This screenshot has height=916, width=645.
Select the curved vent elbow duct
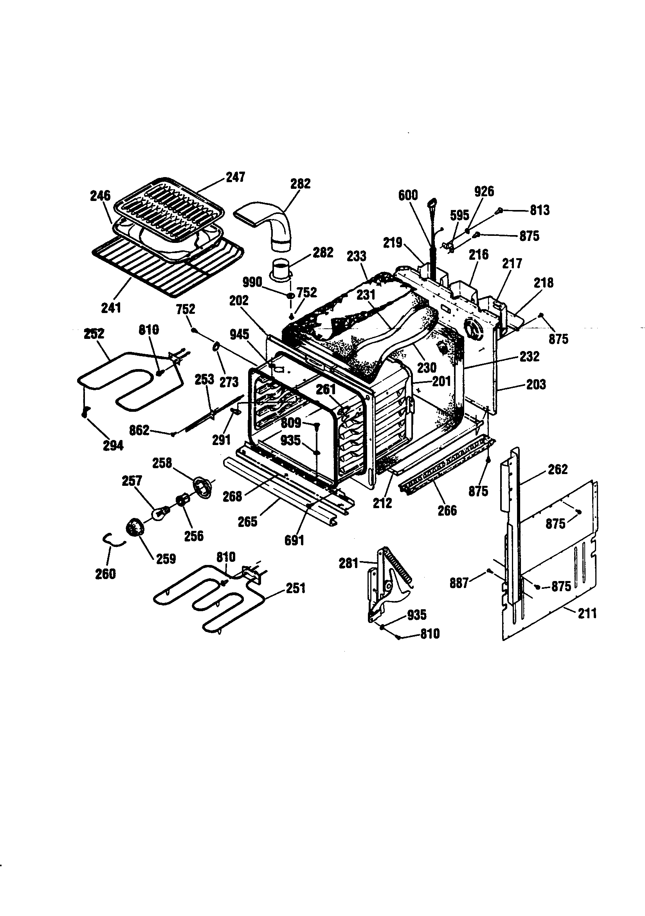pyautogui.click(x=271, y=223)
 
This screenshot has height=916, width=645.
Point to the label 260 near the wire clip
pyautogui.click(x=105, y=574)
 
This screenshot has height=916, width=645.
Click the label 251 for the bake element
pyautogui.click(x=295, y=588)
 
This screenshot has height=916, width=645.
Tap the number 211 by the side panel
pyautogui.click(x=587, y=613)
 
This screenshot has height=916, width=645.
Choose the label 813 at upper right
pyautogui.click(x=539, y=210)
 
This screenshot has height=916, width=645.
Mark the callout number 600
pyautogui.click(x=408, y=195)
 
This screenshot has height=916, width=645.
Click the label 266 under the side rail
pyautogui.click(x=447, y=510)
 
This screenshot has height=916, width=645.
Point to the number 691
pyautogui.click(x=294, y=541)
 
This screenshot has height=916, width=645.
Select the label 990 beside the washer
pyautogui.click(x=253, y=282)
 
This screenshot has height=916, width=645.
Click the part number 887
pyautogui.click(x=459, y=583)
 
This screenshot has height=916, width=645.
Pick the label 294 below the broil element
pyautogui.click(x=113, y=445)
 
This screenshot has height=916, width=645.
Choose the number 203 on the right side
pyautogui.click(x=536, y=385)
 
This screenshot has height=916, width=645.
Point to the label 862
pyautogui.click(x=139, y=430)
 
